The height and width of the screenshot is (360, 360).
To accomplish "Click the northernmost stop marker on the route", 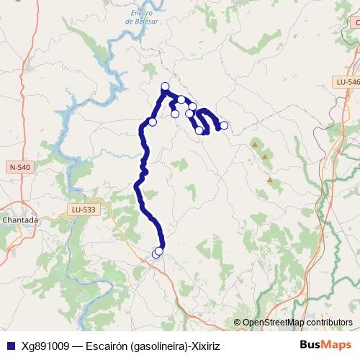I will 165,86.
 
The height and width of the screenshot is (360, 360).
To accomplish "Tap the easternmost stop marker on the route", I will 224,125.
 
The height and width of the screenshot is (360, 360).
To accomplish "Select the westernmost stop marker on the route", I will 153,122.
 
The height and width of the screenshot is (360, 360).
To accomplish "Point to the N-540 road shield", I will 20,167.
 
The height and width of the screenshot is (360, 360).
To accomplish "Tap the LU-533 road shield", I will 84,210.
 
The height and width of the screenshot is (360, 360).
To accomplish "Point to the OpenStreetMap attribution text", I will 297,322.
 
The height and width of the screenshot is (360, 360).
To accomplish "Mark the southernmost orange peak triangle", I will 270,179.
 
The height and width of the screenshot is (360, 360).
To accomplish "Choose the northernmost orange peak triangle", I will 254,145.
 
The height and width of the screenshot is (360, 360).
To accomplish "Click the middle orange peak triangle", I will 266,156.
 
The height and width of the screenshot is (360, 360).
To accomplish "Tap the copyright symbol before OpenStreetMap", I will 237,322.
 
